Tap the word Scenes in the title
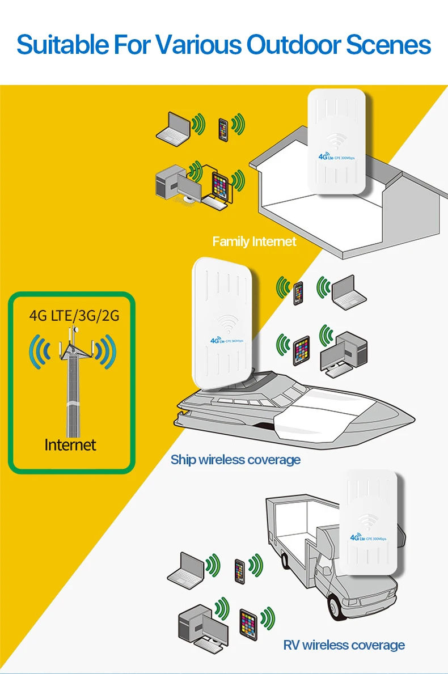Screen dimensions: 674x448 coord(388,45)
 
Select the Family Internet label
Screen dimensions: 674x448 coord(254,241)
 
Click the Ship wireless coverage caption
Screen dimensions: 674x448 coord(235,459)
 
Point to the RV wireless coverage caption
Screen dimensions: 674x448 coord(344,645)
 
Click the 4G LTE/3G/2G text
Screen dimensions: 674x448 coord(74,315)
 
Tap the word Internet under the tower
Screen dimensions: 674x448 coord(70,445)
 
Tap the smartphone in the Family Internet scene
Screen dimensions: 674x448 coord(223,129)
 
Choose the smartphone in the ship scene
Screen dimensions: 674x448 coord(298,293)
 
